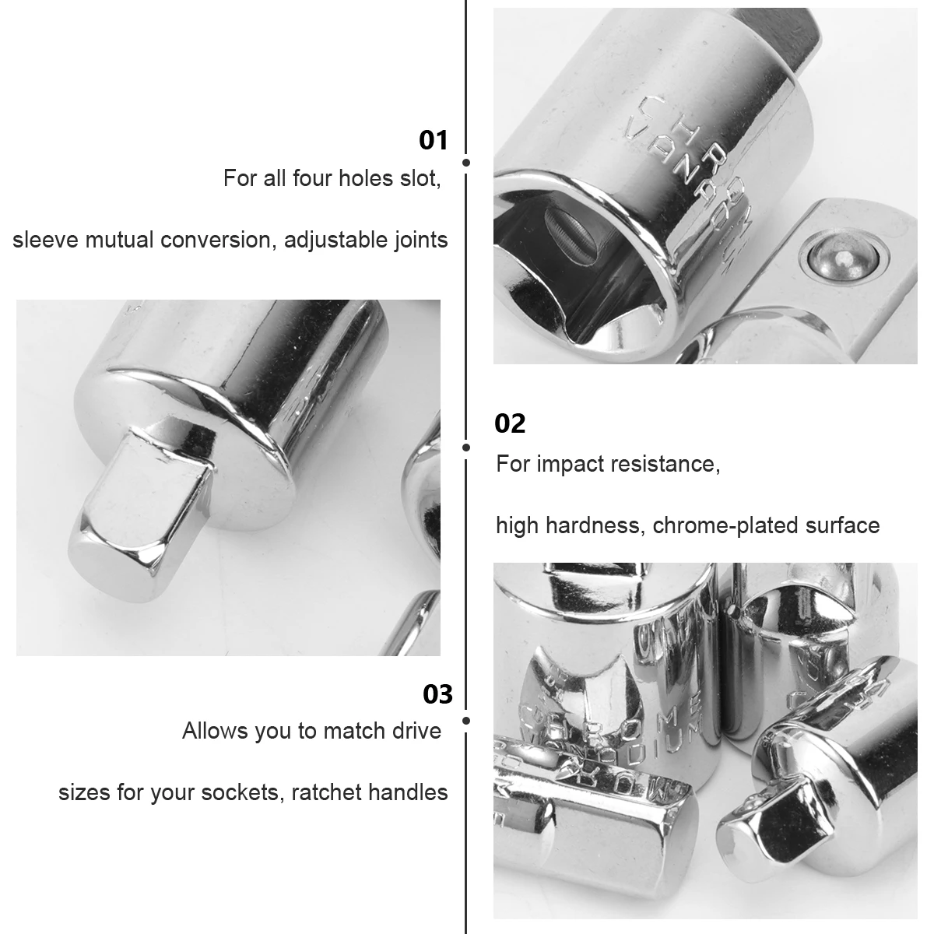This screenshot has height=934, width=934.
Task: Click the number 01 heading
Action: [x=434, y=140]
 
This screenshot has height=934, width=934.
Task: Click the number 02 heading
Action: [x=511, y=423]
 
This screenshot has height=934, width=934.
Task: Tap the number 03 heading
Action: [x=437, y=693]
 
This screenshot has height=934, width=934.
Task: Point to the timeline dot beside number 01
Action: [x=465, y=163]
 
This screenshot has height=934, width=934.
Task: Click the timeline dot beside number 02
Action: [x=465, y=448]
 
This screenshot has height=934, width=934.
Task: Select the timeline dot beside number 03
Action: [x=465, y=721]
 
